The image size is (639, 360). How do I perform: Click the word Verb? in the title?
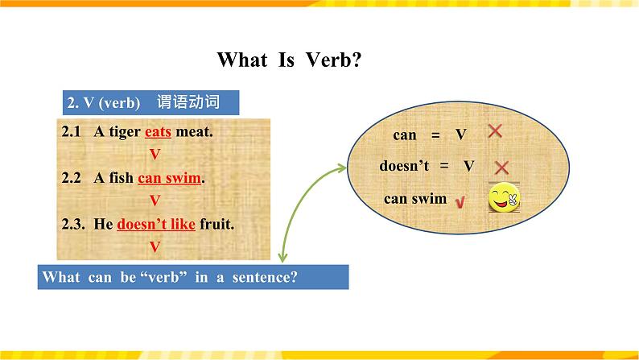click(x=333, y=60)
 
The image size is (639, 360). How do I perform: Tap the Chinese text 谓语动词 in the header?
click(x=188, y=102)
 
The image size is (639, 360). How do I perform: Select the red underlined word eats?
click(x=158, y=132)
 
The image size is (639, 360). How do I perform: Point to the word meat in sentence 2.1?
click(x=194, y=132)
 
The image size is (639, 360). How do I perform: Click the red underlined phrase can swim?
click(x=170, y=178)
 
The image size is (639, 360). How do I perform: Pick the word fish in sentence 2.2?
click(x=121, y=178)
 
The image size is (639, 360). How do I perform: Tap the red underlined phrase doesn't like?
click(x=156, y=224)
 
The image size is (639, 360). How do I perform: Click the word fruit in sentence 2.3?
click(x=216, y=224)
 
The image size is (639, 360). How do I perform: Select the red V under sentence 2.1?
click(x=155, y=155)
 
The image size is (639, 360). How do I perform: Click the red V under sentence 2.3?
click(x=155, y=246)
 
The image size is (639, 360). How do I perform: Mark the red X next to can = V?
click(x=495, y=130)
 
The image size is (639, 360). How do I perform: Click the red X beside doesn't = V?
click(x=501, y=168)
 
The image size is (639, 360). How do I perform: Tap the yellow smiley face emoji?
click(x=504, y=197)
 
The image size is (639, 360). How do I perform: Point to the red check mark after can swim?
click(x=460, y=202)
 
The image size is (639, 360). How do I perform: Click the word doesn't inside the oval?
click(x=404, y=166)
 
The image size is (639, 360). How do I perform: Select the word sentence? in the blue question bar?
click(x=265, y=277)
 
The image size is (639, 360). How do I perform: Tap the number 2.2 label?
click(x=72, y=178)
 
